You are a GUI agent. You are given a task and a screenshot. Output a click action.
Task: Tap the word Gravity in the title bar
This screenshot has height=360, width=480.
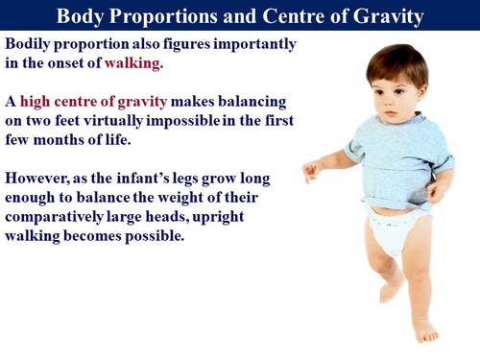click(x=384, y=16)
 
